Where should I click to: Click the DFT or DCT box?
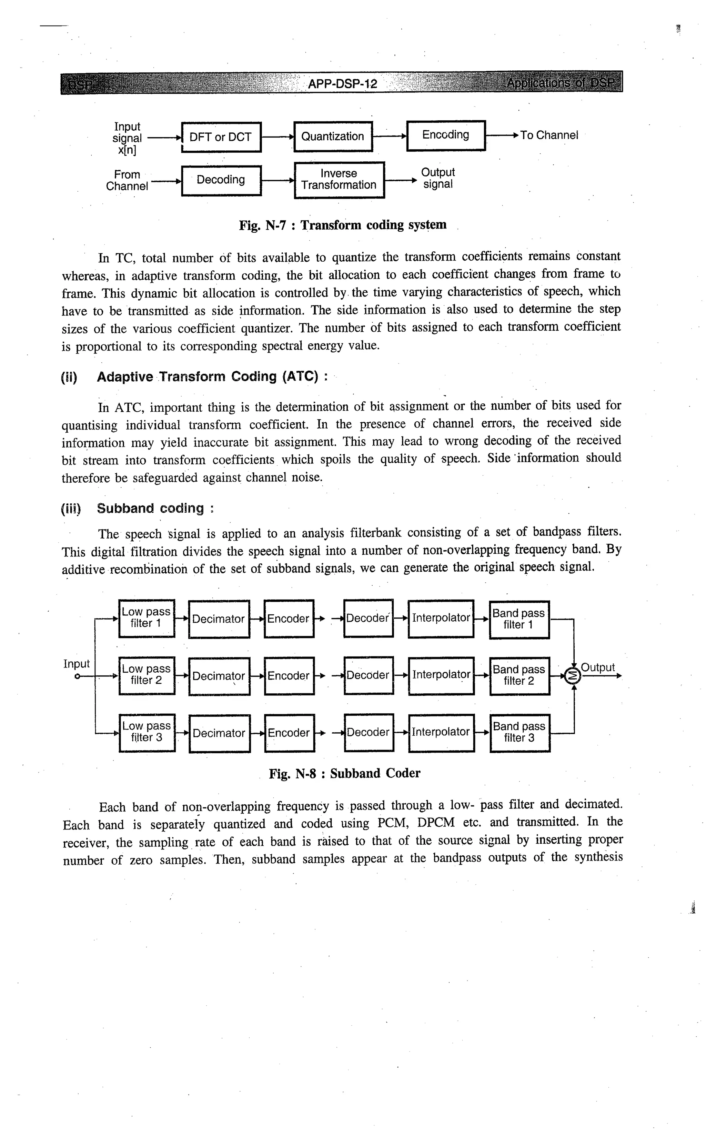click(221, 137)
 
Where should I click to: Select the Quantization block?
click(333, 136)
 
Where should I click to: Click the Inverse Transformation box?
click(339, 180)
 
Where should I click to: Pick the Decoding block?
click(221, 180)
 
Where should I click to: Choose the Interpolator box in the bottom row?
click(441, 732)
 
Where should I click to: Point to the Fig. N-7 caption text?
click(343, 225)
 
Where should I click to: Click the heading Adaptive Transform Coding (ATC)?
click(212, 377)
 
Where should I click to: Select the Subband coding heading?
click(150, 509)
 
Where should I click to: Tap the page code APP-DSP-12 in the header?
click(342, 84)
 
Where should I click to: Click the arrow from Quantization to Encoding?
click(390, 136)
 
